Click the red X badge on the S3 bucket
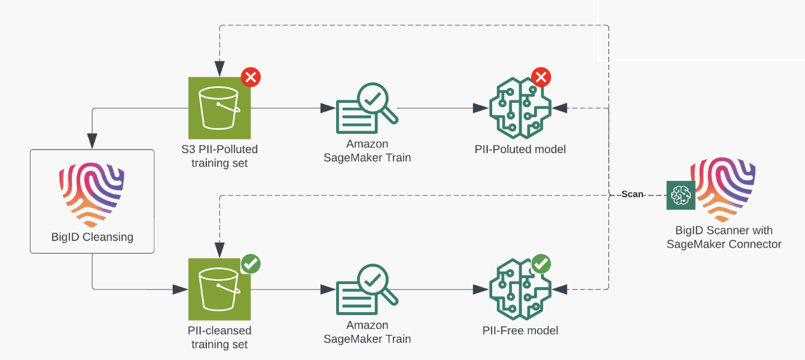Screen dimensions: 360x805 251,77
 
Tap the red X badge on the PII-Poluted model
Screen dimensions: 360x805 541,77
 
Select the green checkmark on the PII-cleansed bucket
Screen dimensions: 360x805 251,264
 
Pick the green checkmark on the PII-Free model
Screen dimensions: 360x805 541,264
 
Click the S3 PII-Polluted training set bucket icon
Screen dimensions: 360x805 219,108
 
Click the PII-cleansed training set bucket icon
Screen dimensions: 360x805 219,289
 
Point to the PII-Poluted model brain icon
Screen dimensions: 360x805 519,108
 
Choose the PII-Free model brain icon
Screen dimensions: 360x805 519,289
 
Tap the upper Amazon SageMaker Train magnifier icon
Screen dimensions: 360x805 367,108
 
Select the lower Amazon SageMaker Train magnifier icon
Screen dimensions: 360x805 367,290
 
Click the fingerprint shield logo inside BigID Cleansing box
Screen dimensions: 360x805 92,195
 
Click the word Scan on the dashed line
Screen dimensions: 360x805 632,194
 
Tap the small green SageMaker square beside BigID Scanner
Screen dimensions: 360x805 681,195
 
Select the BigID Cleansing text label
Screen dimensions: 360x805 92,237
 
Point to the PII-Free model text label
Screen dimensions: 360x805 520,331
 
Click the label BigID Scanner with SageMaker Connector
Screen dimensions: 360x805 724,237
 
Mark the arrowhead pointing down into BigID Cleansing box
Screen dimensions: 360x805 92,142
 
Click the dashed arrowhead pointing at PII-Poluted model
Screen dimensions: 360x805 560,108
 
